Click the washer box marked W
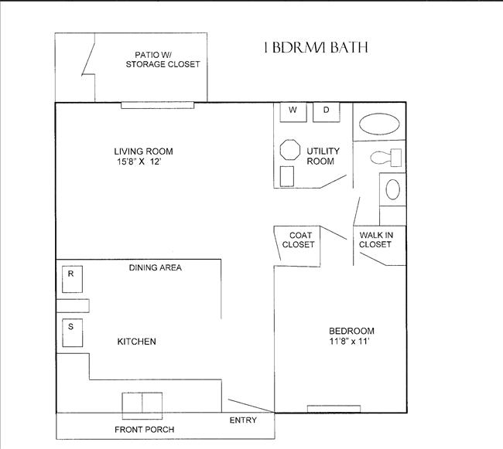point(293,111)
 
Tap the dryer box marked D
point(327,111)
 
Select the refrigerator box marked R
point(71,279)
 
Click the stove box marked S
point(71,332)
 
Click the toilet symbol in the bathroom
point(386,158)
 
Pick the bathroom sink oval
point(393,189)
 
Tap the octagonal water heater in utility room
point(289,150)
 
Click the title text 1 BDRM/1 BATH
point(315,48)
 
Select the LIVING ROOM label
point(143,151)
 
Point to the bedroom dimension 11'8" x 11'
point(351,342)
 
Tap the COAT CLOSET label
point(298,240)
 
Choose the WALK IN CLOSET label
point(375,240)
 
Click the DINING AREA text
point(155,267)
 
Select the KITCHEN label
point(137,342)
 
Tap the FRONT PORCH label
point(144,429)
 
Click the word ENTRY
point(243,420)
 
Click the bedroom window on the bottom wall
point(334,409)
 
